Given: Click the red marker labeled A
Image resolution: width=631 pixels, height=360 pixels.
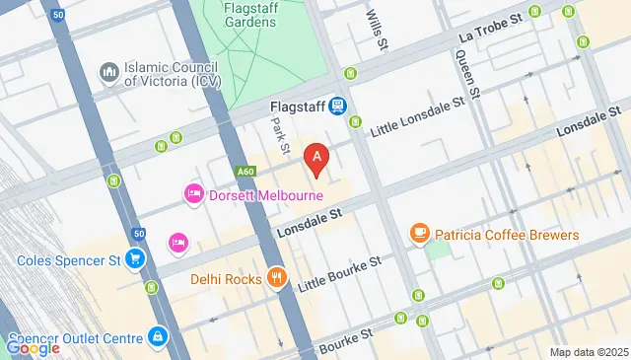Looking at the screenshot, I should pyautogui.click(x=315, y=158).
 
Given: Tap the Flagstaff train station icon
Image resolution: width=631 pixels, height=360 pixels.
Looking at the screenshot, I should pyautogui.click(x=337, y=105).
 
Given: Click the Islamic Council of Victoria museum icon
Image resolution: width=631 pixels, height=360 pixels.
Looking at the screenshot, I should pyautogui.click(x=108, y=73).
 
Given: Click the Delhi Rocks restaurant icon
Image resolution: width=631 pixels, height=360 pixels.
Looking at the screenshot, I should pyautogui.click(x=277, y=278).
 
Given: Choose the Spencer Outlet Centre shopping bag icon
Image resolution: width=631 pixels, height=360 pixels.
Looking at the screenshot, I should pyautogui.click(x=156, y=337).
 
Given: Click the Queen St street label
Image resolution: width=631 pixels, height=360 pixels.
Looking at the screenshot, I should pyautogui.click(x=466, y=74).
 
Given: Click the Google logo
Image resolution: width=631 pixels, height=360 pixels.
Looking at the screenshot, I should pyautogui.click(x=32, y=346).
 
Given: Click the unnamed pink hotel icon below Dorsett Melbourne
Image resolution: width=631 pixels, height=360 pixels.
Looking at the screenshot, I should pyautogui.click(x=177, y=241).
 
